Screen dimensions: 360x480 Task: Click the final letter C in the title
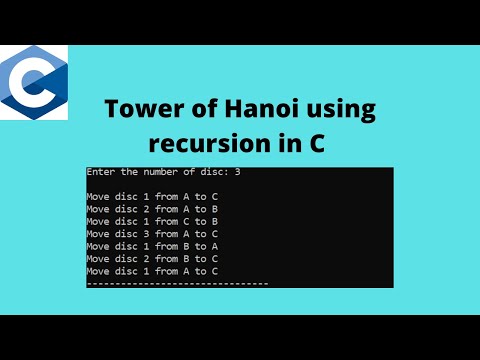point(316,143)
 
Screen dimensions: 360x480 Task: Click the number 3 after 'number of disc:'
point(237,172)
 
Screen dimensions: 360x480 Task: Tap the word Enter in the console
point(100,172)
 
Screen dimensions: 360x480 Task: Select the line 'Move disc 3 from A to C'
point(151,234)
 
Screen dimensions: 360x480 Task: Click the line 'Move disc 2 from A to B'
point(151,209)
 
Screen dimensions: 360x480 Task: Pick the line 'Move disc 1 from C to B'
point(151,221)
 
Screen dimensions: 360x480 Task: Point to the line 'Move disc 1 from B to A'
point(151,246)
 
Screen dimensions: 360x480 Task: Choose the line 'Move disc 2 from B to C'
point(151,258)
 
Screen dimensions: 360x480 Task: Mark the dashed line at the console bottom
point(177,284)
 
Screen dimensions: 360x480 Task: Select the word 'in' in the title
point(288,143)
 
